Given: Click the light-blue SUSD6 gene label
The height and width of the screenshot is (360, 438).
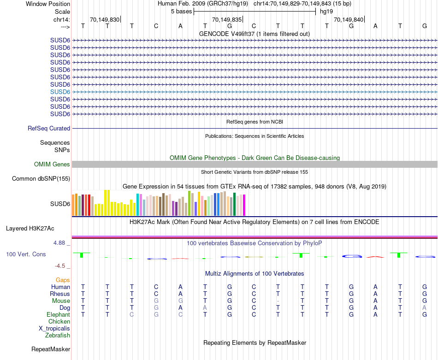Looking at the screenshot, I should (60, 92).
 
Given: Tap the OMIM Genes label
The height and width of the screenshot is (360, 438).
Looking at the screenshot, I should (52, 165).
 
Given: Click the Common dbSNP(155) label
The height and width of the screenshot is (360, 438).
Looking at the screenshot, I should (41, 179).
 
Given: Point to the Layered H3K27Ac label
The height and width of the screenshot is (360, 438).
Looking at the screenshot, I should (30, 228).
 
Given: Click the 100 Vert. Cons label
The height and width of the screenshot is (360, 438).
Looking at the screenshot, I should (26, 254).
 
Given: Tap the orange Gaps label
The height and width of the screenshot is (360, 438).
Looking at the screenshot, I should (63, 280).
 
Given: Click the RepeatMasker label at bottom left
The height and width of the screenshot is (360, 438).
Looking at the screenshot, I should (51, 349).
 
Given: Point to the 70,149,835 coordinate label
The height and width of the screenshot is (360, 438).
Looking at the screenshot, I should (226, 20).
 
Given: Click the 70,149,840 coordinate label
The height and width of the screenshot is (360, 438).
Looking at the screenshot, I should (349, 20).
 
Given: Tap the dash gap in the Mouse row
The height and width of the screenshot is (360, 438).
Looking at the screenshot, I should (278, 301).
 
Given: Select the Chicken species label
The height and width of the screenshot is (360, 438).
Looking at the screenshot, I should (59, 321).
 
